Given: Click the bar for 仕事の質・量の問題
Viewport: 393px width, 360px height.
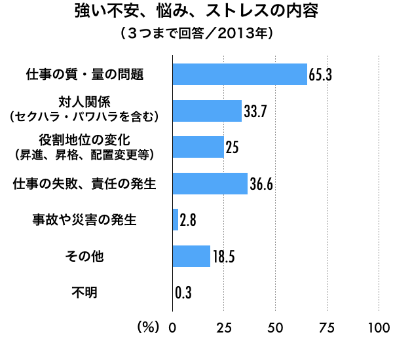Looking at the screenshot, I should (240, 74).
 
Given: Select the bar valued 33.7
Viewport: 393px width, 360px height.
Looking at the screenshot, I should (207, 111).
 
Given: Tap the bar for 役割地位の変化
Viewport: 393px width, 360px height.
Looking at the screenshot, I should (198, 147).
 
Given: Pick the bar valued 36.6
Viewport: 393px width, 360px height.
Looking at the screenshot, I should (210, 184).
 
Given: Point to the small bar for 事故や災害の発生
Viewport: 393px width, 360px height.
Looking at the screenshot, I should (175, 220).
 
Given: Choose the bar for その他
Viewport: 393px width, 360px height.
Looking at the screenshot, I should (191, 257).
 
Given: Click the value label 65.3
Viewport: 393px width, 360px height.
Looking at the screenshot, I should (321, 75).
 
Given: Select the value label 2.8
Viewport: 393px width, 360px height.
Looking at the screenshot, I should (188, 221).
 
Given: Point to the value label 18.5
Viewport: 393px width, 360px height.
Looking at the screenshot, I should (223, 257).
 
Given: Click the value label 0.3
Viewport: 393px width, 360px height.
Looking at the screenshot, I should (183, 293).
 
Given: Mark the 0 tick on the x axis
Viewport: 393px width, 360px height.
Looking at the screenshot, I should (173, 327).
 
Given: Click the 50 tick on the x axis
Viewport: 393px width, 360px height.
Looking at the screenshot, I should (275, 327).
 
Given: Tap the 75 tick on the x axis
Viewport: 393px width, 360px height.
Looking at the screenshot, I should (327, 327).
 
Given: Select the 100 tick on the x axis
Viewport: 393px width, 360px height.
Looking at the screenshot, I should (378, 327).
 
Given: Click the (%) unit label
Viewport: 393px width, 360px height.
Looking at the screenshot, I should (148, 327).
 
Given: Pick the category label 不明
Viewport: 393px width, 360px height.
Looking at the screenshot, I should (84, 293).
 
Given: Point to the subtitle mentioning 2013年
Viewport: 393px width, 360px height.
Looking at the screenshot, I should (196, 33).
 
